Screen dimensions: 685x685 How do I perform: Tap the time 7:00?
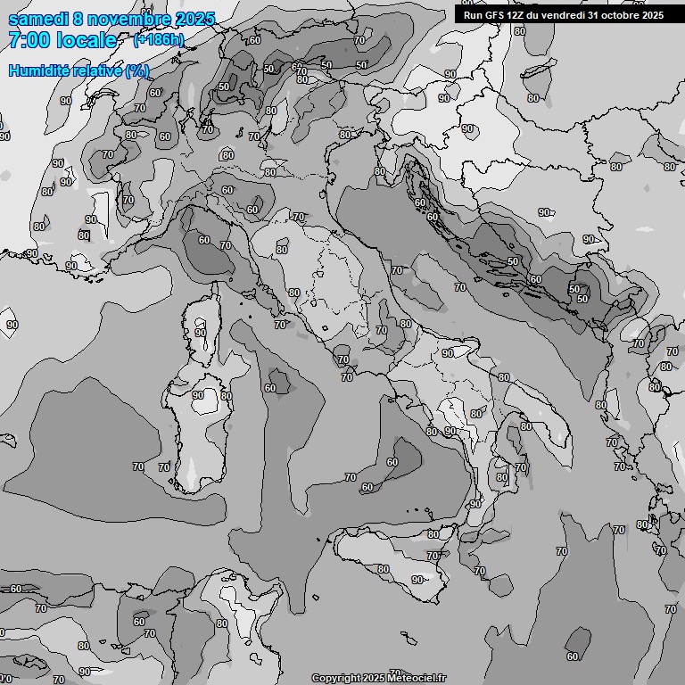29,40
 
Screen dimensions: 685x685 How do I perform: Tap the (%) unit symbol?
136,70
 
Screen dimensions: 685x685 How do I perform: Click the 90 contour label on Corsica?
201,333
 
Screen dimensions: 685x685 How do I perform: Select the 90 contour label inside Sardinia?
198,395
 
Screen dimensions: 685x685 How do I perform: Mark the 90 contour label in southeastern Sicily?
417,580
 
